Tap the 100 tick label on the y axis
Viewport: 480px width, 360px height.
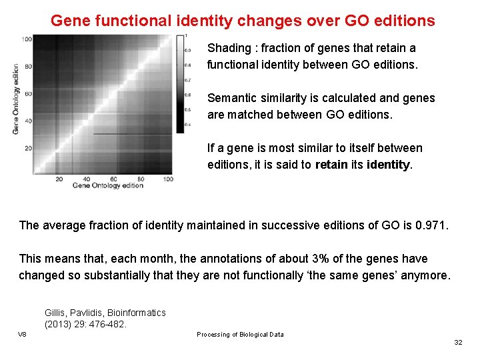tap(26, 40)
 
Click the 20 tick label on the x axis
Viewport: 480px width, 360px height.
tap(59, 179)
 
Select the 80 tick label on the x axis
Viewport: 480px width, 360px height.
tap(141, 179)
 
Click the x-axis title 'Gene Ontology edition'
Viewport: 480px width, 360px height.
tap(107, 185)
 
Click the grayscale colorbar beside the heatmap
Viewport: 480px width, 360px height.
tap(180, 83)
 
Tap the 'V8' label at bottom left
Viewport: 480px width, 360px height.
tap(22, 334)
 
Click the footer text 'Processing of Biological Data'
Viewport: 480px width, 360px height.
tap(240, 335)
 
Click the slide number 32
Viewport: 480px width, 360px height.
tap(457, 342)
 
